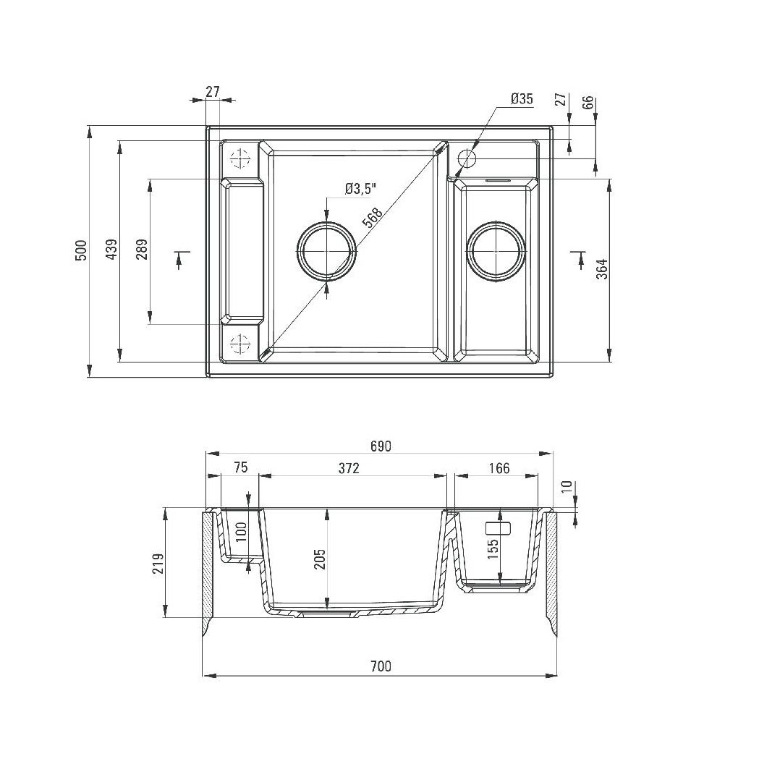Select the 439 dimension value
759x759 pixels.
111,250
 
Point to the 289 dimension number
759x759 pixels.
142,250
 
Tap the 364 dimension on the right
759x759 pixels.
602,269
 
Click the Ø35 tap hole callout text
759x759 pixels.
522,98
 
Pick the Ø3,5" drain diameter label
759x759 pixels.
360,189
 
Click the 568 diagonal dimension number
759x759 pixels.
372,217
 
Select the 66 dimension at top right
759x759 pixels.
588,102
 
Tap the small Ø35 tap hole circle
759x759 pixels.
467,158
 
